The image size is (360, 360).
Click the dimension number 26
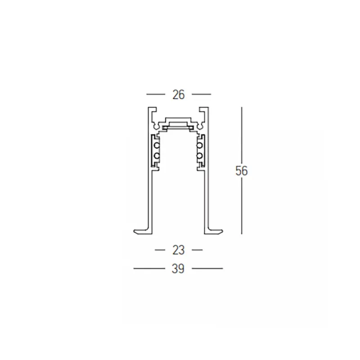[x=178, y=94]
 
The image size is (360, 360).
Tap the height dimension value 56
[x=242, y=171]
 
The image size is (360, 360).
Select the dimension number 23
[x=178, y=250]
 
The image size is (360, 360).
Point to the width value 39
[x=178, y=269]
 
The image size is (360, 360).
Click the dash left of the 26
[x=156, y=94]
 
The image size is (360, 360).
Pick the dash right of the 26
[x=201, y=94]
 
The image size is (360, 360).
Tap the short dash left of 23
[x=160, y=250]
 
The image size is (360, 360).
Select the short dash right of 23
[x=197, y=250]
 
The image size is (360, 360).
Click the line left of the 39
[x=149, y=268]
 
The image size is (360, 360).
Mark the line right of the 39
[x=207, y=268]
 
